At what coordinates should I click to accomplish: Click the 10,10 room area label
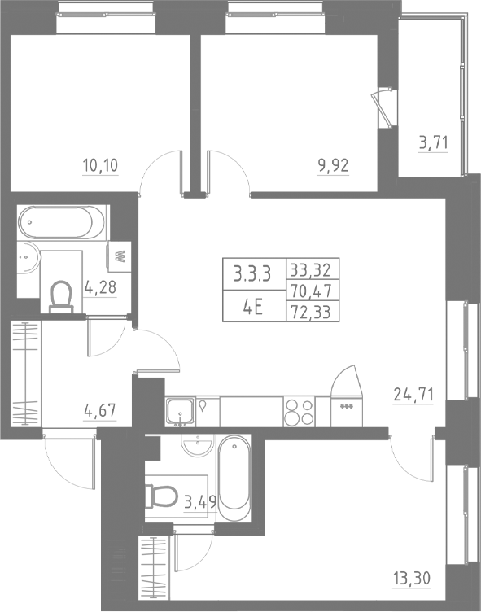[x=100, y=167]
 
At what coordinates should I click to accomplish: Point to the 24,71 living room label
[x=413, y=396]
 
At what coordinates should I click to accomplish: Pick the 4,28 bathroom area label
[x=102, y=289]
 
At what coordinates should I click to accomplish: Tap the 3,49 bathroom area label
[x=199, y=501]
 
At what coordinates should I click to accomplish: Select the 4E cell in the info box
[x=252, y=310]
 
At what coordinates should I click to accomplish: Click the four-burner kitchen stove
[x=299, y=411]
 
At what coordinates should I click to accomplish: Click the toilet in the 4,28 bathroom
[x=61, y=297]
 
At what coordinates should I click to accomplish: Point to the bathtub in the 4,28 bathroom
[x=62, y=221]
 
